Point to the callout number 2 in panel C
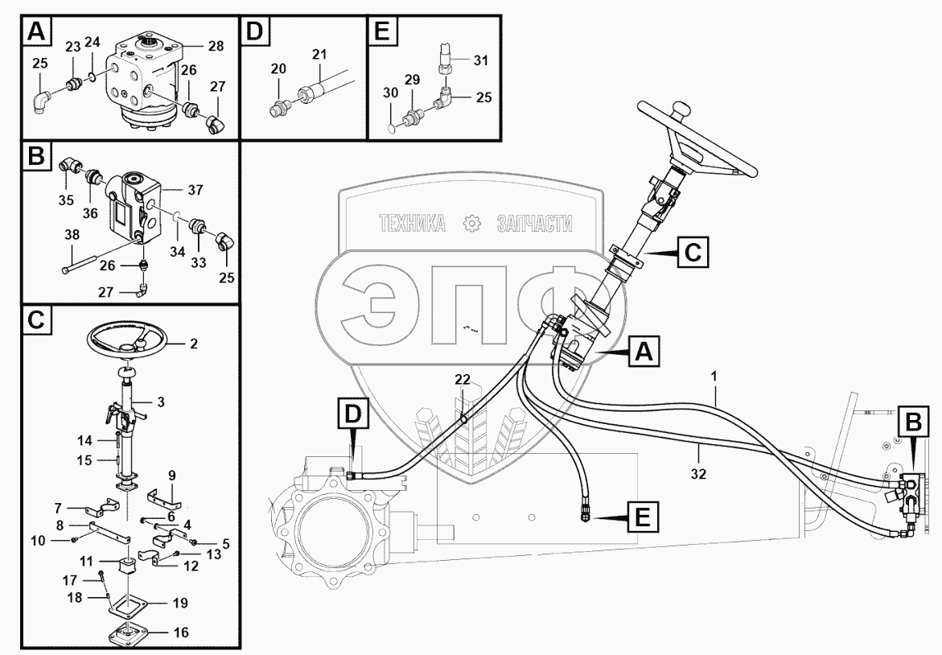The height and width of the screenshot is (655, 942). point(192,344)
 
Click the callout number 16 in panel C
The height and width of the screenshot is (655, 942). point(181,632)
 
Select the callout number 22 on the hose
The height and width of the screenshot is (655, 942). point(462,379)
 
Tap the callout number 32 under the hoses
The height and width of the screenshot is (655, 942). point(697,474)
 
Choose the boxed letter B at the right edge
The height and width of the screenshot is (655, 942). point(913,421)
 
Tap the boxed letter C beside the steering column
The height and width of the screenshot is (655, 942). point(692,253)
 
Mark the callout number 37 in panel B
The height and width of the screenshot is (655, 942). point(196,190)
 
